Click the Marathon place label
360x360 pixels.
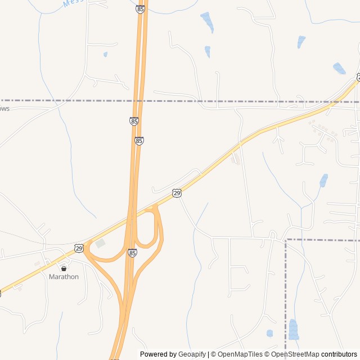click(x=64, y=277)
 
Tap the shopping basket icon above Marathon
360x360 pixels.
click(x=64, y=268)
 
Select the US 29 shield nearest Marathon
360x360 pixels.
click(x=79, y=248)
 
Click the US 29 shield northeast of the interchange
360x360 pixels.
click(x=177, y=193)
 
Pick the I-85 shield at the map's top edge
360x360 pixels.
click(x=140, y=9)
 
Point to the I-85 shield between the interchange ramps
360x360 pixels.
click(x=132, y=253)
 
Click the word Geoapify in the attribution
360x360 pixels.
click(x=192, y=354)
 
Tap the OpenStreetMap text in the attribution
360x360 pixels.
click(x=295, y=354)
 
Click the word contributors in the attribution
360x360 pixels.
click(x=339, y=354)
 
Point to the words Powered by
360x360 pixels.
click(x=158, y=354)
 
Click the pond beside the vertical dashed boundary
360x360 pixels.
click(x=293, y=330)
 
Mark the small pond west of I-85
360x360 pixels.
click(x=105, y=55)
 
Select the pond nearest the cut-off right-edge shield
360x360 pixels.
click(x=339, y=69)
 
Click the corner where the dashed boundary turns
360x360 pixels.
click(x=286, y=240)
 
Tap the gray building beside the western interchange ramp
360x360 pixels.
click(x=100, y=244)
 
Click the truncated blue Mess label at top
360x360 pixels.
click(x=73, y=3)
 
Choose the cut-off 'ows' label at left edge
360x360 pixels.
click(x=4, y=108)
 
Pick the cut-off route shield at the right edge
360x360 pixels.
click(x=358, y=76)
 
